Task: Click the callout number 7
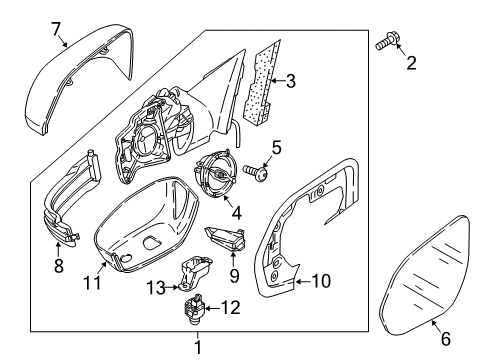point(56,29)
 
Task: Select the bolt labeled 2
point(386,42)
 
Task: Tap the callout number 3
point(291,81)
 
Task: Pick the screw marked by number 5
point(256,172)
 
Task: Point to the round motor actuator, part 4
point(215,174)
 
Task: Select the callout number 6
point(446,339)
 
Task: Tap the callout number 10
point(321,281)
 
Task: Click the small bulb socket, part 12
point(194,309)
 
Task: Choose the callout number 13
point(156,287)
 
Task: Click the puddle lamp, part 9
point(226,239)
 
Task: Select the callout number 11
point(92,283)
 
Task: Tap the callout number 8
point(59,266)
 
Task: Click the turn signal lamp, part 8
point(72,200)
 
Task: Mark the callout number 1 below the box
point(198,347)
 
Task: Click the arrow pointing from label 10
point(303,282)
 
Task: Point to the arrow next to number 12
point(212,308)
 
